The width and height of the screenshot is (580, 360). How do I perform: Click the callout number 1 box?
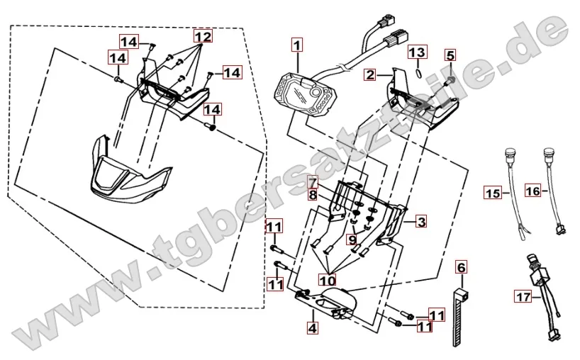tap(296, 45)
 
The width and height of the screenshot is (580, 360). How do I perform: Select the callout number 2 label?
tap(370, 74)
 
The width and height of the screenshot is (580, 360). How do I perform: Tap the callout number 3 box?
tap(421, 223)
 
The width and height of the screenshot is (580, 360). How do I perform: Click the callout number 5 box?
tap(450, 55)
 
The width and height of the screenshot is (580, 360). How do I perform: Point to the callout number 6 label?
tap(461, 267)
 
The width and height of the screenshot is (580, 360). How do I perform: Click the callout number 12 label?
tap(203, 35)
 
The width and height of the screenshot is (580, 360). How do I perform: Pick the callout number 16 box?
tap(534, 190)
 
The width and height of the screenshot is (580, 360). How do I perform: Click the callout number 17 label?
tap(523, 298)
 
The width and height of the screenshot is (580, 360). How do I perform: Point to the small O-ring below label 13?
tap(418, 71)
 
